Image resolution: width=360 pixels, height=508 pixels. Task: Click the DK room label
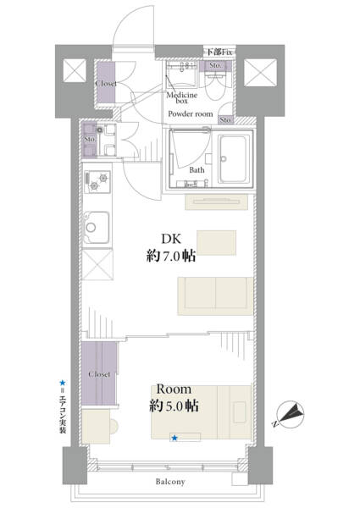tap(171, 239)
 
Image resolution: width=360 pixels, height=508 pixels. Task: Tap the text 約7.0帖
tap(171, 257)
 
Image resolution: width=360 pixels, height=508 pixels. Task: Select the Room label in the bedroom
tap(174, 389)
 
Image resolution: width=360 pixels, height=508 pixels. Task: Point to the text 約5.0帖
tap(174, 406)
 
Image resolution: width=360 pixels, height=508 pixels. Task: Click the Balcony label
tap(170, 482)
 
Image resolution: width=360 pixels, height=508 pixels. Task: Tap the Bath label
tap(197, 170)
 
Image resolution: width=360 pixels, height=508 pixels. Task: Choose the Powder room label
tap(191, 114)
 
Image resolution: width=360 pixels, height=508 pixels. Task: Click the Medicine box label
tap(182, 98)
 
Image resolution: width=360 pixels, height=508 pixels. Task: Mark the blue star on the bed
tap(174, 438)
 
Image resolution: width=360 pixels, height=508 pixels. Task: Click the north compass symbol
tap(291, 415)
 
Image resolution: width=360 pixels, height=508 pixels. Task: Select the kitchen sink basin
tap(97, 228)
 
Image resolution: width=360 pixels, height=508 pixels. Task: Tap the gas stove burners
tap(97, 182)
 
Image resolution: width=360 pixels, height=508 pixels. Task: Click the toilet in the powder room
tap(215, 86)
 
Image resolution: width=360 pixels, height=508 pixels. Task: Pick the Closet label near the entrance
tap(106, 83)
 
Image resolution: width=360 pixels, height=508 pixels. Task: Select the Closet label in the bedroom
tap(99, 374)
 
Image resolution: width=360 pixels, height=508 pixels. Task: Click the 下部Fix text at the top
tap(219, 52)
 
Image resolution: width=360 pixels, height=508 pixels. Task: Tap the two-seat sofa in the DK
tap(215, 295)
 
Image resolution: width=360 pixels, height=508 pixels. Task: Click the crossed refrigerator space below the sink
tap(97, 264)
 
